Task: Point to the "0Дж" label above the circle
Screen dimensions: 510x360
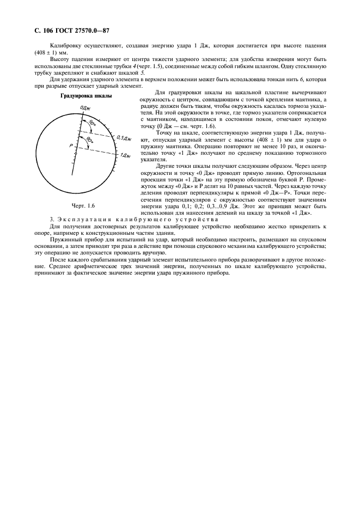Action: coord(84,108)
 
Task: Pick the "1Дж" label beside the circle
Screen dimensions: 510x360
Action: coord(126,155)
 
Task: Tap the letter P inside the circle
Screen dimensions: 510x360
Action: coord(71,145)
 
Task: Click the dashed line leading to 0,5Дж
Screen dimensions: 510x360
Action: coord(101,135)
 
